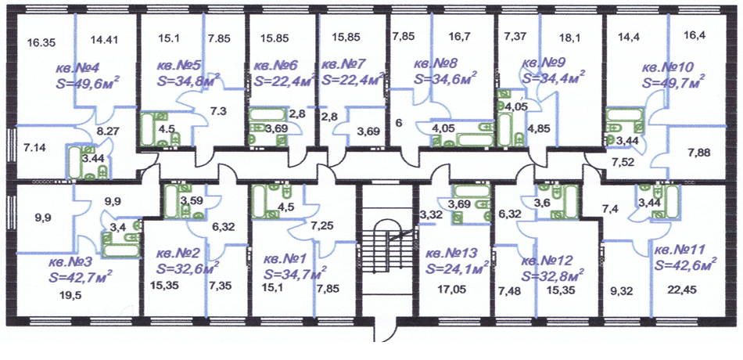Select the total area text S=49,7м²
[673, 81]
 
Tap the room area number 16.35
[41, 43]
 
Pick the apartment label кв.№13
[451, 254]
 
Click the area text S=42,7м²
[81, 276]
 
